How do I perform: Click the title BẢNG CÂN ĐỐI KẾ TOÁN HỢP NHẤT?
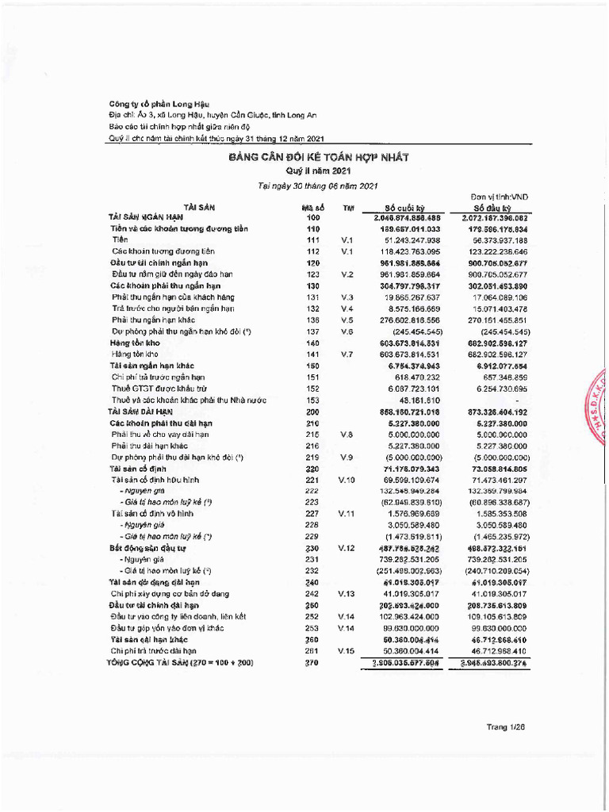click(x=318, y=158)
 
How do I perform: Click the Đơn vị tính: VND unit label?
click(x=497, y=196)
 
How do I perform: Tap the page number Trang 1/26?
click(x=507, y=726)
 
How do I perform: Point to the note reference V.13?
click(x=347, y=593)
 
